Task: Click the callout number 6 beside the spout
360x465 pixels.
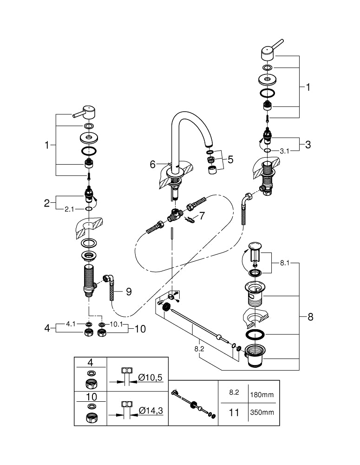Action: pyautogui.click(x=152, y=164)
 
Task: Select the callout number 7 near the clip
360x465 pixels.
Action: pyautogui.click(x=202, y=216)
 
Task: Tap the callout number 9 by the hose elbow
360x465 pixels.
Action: pyautogui.click(x=129, y=292)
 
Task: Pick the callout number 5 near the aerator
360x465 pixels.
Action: pyautogui.click(x=230, y=159)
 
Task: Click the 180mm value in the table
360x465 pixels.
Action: pyautogui.click(x=262, y=395)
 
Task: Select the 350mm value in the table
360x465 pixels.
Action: pyautogui.click(x=262, y=412)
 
